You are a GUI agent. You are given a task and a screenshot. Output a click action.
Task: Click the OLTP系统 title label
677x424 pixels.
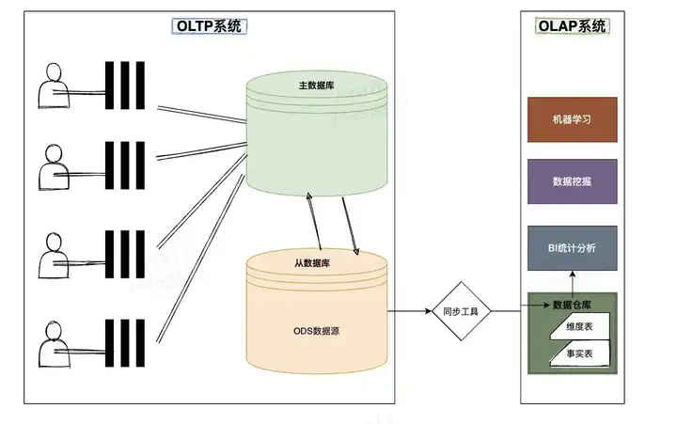209,26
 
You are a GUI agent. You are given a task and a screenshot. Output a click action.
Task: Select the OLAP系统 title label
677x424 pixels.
572,26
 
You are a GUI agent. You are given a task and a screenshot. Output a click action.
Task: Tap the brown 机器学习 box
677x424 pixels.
572,119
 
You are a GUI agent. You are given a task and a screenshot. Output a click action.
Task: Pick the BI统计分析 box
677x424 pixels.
572,248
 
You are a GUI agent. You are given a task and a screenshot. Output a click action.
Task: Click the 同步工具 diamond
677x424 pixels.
463,311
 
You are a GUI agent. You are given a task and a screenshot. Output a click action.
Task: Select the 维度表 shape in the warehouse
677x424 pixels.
579,327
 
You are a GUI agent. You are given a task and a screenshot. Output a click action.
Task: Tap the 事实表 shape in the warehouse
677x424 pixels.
579,353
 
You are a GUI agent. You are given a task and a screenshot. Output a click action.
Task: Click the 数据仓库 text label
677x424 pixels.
575,305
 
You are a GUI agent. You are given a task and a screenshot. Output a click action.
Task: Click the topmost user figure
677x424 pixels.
55,88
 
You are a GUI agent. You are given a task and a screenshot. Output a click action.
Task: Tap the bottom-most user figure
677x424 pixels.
55,348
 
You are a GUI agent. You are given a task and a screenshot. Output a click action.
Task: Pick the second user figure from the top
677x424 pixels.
55,169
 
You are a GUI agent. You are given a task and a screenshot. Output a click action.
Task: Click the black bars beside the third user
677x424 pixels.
124,252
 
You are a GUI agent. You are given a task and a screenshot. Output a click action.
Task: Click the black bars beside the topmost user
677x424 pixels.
124,88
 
